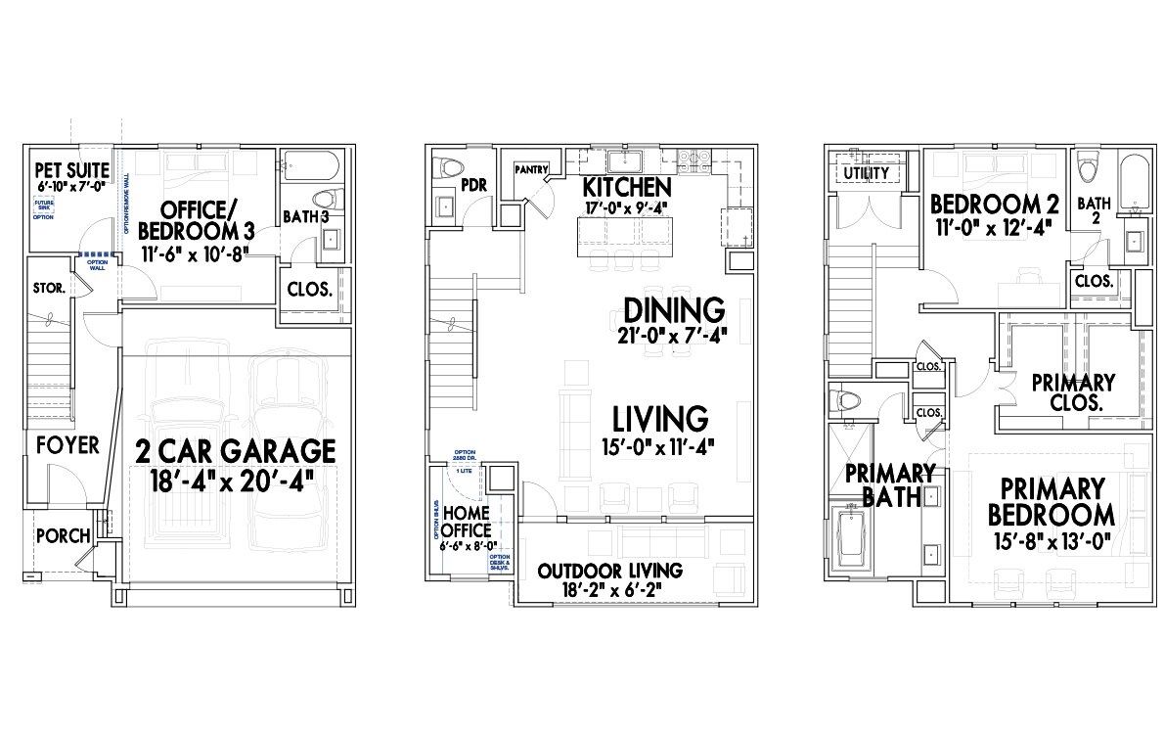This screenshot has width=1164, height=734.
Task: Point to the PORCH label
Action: click(63, 536)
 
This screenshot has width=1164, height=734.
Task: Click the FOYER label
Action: click(67, 445)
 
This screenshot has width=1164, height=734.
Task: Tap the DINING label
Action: click(674, 311)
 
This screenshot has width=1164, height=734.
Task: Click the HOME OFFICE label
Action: click(467, 522)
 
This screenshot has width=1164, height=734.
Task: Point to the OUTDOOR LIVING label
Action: click(610, 571)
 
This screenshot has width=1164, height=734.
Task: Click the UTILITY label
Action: click(866, 173)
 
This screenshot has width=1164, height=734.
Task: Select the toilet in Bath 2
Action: click(1088, 167)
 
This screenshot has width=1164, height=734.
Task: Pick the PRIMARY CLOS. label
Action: click(1073, 391)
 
